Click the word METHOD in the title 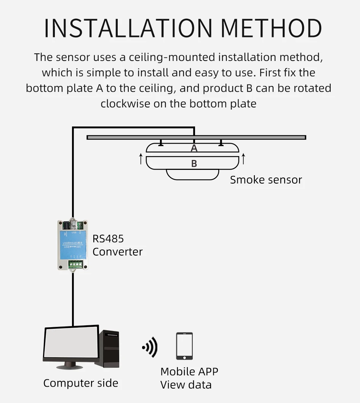click(x=271, y=27)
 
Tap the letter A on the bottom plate click(x=194, y=148)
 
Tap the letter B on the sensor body click(x=194, y=163)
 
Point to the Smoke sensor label click(x=266, y=180)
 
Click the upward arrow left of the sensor click(x=141, y=158)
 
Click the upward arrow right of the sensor click(x=243, y=158)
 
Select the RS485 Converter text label click(x=117, y=245)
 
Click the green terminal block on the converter click(x=76, y=264)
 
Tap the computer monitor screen click(x=71, y=344)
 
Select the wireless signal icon click(x=150, y=347)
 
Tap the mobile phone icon click(x=184, y=346)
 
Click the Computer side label click(x=81, y=383)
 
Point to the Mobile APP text click(x=189, y=371)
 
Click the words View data click(x=186, y=384)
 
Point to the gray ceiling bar click(x=267, y=138)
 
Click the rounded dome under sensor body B click(x=193, y=175)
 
